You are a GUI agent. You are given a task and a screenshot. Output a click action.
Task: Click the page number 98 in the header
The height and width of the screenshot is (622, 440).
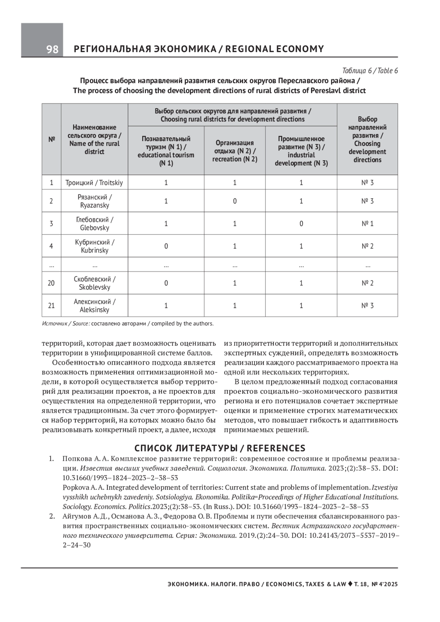tap(52, 49)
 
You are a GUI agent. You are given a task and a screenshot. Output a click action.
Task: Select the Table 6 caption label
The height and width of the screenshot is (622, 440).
tap(370, 71)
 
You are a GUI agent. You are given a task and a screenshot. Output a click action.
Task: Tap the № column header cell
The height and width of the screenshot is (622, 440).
tap(51, 139)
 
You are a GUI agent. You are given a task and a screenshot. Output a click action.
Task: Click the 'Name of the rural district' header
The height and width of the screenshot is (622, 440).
tap(94, 139)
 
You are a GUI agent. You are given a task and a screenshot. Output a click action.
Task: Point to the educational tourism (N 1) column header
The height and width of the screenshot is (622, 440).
tap(166, 151)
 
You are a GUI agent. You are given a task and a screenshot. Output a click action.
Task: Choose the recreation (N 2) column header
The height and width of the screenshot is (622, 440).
tap(235, 151)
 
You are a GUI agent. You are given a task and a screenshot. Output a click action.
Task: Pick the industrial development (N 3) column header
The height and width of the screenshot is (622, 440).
tap(301, 151)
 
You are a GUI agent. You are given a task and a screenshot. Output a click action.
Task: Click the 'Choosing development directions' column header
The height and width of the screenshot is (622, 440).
tap(367, 139)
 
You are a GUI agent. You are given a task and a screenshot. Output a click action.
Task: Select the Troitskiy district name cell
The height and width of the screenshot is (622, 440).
tap(94, 183)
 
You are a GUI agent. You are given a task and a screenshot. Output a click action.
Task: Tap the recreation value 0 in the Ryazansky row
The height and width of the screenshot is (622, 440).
tap(235, 201)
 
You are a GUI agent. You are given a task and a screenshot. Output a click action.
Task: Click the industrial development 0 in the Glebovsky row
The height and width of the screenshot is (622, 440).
tap(301, 224)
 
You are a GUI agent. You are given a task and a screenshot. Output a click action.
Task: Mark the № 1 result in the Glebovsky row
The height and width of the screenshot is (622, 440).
tap(367, 224)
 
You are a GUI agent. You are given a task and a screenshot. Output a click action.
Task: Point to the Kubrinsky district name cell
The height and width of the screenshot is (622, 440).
tap(94, 246)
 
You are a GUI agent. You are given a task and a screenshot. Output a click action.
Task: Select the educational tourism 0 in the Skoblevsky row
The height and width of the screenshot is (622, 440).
tap(166, 283)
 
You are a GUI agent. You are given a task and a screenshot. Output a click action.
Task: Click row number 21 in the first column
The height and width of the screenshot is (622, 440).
tap(51, 305)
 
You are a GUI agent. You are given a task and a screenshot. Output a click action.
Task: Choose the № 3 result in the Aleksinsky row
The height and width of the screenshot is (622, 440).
tap(367, 305)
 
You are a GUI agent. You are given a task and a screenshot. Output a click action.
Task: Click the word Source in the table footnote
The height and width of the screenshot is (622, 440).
tap(80, 324)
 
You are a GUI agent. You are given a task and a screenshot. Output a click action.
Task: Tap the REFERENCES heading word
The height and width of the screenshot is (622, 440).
tap(276, 448)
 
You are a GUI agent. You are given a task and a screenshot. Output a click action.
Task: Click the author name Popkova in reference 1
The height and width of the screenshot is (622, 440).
tap(76, 487)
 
